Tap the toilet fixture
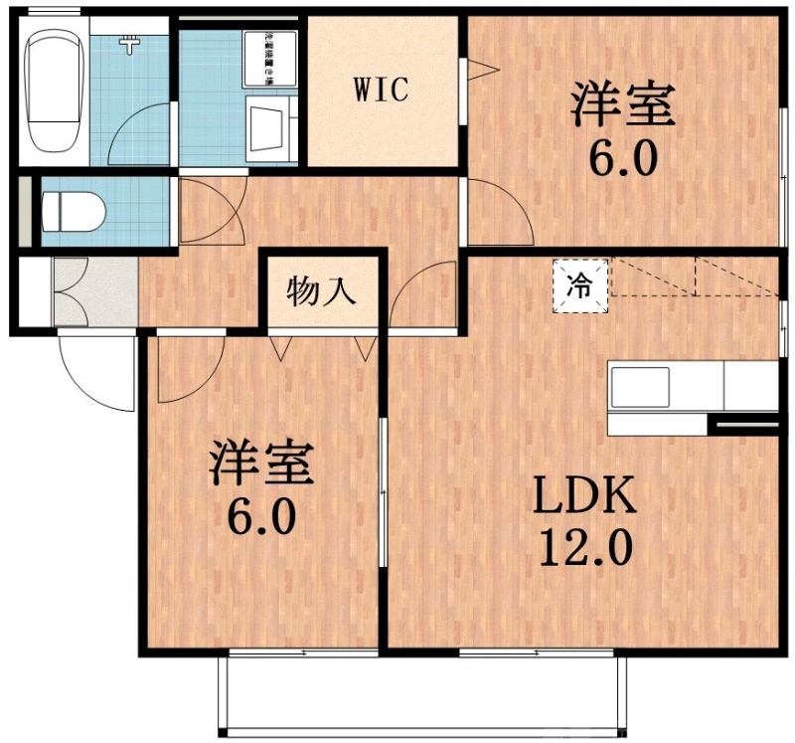coord(76,212)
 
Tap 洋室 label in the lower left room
coord(261,465)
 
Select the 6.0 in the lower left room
coord(261,517)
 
